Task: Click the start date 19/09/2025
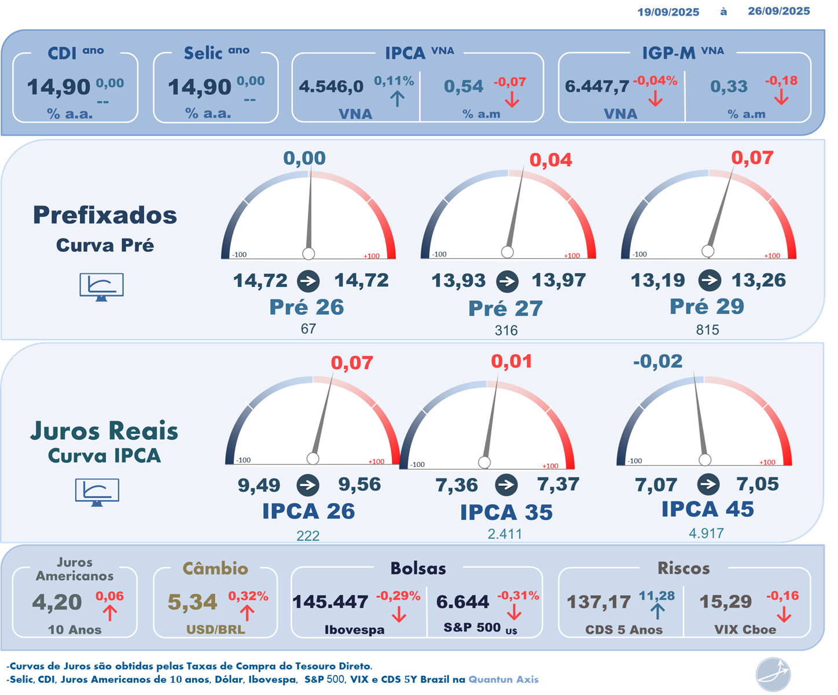click(668, 12)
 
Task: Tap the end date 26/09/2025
click(778, 11)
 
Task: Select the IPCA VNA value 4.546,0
click(331, 87)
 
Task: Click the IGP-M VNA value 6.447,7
click(597, 87)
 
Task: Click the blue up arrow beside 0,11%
click(397, 98)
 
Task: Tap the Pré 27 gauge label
click(505, 308)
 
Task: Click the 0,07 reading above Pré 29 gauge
click(752, 157)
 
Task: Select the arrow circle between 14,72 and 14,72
click(308, 282)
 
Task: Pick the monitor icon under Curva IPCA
click(97, 492)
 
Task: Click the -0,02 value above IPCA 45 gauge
click(657, 362)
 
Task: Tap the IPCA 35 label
click(506, 512)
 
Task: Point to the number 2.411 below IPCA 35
click(505, 534)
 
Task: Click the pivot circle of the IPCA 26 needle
click(313, 459)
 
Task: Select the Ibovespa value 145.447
click(330, 602)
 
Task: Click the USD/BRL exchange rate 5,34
click(192, 602)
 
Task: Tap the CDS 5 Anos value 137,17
click(598, 602)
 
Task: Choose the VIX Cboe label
click(745, 630)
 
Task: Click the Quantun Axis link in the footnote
click(503, 679)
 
